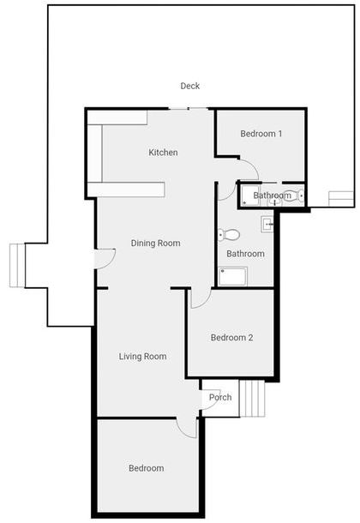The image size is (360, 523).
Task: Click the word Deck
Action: click(x=190, y=86)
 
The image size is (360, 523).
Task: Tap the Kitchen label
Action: click(x=163, y=153)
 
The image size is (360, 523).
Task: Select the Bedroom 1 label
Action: click(x=261, y=134)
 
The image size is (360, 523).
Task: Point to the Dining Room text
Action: click(x=155, y=243)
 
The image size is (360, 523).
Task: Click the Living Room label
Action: click(x=142, y=357)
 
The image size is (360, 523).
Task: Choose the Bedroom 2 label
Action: click(x=231, y=338)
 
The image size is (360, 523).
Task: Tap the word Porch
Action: click(x=220, y=397)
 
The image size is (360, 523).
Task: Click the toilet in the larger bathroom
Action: click(x=229, y=234)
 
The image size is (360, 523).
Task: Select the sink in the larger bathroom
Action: click(x=267, y=224)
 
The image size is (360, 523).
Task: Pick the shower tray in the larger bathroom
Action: click(x=233, y=276)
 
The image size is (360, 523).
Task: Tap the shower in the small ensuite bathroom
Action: click(x=249, y=195)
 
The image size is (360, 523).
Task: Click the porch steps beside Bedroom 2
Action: click(x=252, y=399)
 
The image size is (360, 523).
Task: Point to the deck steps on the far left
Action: click(x=17, y=266)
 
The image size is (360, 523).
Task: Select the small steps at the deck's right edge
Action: click(x=341, y=199)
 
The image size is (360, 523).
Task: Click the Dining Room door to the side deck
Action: click(x=105, y=259)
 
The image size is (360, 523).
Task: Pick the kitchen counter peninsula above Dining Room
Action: click(x=126, y=189)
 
